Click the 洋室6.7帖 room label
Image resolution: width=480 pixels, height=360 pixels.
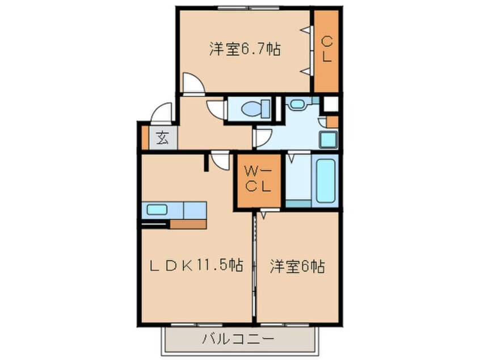245,49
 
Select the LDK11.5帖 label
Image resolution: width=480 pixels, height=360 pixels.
197,265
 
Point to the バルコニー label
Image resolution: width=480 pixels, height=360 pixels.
238,340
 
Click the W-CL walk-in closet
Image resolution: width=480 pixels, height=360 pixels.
259,180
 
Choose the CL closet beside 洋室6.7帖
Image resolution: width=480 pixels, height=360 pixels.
327,49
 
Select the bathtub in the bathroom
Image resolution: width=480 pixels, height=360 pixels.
326,180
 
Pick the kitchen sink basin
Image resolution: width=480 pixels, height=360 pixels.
157,210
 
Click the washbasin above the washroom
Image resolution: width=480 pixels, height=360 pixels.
296,103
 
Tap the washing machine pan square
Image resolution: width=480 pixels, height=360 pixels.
327,139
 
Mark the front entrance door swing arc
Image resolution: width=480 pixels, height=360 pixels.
162,112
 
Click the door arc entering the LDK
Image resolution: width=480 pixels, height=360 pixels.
220,162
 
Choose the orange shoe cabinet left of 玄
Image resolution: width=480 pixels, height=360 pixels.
145,137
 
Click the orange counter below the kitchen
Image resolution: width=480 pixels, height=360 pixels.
188,224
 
